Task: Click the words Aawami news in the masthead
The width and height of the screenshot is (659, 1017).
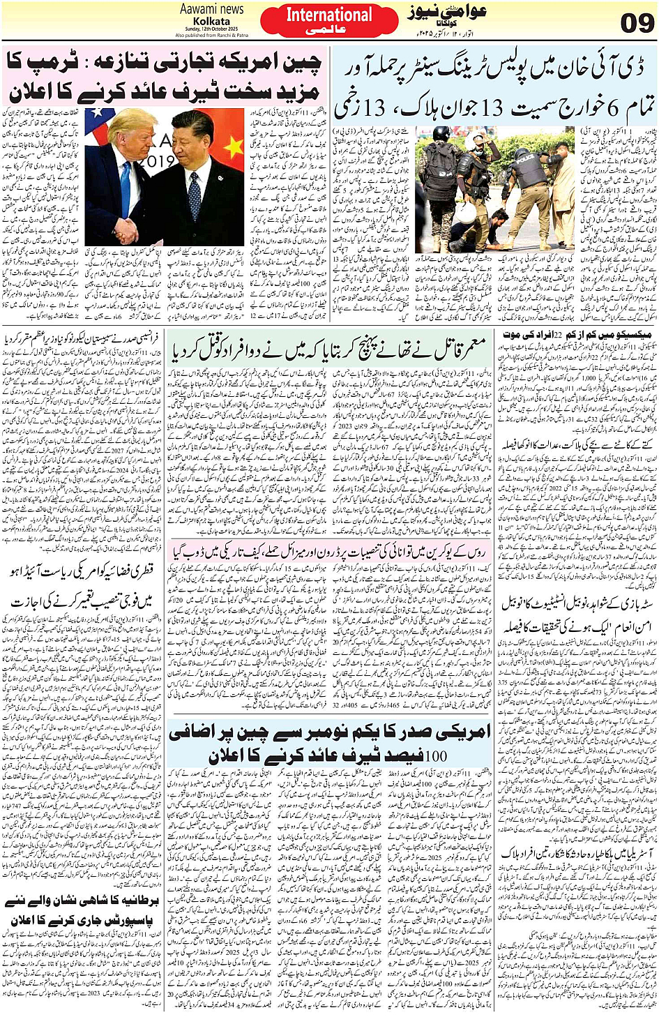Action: [x=212, y=9]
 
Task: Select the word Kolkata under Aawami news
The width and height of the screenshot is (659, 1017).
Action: [x=212, y=21]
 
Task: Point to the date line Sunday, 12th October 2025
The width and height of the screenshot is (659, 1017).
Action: [x=212, y=29]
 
